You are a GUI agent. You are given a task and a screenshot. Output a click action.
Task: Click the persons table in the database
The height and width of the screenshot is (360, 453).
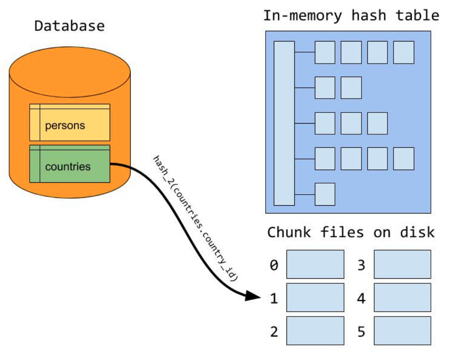(x=69, y=122)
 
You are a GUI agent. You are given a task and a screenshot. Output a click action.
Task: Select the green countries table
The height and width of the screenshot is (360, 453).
(x=69, y=164)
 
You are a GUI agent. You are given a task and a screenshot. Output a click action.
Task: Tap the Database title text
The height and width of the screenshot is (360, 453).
(x=69, y=26)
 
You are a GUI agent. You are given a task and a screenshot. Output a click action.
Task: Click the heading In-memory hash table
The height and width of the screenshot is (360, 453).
(x=351, y=16)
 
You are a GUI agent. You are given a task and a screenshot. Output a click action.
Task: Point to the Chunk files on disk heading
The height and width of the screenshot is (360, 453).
(x=351, y=232)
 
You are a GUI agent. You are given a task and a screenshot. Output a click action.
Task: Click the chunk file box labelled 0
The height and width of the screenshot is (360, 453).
(x=315, y=264)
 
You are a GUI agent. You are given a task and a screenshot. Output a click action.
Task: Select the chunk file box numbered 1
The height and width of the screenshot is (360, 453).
(x=315, y=297)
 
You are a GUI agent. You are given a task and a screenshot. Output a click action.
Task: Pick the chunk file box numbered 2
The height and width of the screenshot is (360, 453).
(x=315, y=330)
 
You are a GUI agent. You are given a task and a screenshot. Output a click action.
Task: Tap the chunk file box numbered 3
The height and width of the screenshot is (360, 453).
(x=402, y=264)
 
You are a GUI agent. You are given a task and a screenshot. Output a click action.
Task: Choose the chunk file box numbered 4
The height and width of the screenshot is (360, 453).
(x=402, y=297)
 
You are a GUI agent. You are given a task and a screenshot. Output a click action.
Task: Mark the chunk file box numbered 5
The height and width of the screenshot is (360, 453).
(x=402, y=330)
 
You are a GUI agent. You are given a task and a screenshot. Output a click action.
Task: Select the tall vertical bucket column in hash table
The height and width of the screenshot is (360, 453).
(x=284, y=124)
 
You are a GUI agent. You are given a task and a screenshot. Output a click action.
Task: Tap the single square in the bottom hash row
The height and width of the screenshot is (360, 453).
(x=325, y=194)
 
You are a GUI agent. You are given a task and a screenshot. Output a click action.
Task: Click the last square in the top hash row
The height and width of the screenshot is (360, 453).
(x=404, y=52)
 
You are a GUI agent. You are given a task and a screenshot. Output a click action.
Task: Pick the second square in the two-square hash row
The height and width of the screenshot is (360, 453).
(x=351, y=88)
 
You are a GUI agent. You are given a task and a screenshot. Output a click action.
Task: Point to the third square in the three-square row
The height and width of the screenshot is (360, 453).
(x=378, y=124)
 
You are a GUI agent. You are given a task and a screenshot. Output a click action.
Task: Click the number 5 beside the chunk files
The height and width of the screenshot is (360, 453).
(x=361, y=332)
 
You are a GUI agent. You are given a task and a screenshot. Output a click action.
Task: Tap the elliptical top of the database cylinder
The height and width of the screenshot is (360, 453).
(x=69, y=72)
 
